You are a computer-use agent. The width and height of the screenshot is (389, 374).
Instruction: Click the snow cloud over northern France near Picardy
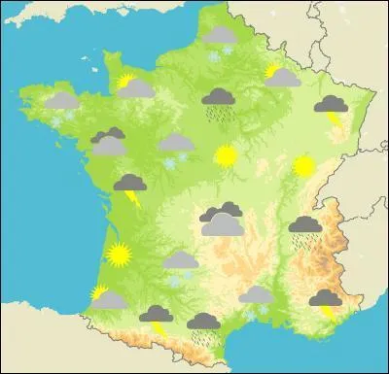coord(218,38)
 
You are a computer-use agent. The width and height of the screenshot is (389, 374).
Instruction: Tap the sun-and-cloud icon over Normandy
coord(134,87)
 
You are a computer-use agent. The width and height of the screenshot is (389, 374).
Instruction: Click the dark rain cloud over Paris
coord(218,99)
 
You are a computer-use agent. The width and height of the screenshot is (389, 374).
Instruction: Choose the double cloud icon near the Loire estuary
coord(108,143)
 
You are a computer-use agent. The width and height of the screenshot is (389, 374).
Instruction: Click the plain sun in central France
coord(226,155)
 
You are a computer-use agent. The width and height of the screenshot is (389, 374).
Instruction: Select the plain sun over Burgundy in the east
coord(303,166)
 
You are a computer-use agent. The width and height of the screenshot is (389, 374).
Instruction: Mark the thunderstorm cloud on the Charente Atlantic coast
coord(129,186)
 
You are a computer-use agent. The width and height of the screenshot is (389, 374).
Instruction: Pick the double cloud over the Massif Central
coord(223,221)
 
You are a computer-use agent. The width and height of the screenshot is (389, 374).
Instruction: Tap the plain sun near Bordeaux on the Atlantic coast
coord(119,255)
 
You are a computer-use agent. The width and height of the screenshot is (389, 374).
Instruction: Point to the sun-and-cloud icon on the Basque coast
coord(105,296)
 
